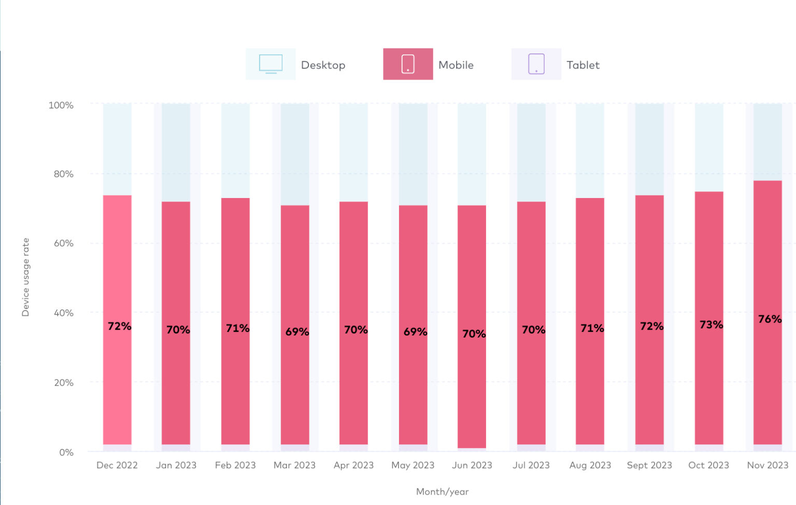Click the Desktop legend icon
click(x=271, y=64)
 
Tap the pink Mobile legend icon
click(x=408, y=64)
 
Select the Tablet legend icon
click(x=536, y=64)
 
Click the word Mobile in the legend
click(x=456, y=65)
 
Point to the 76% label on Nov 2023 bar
click(x=770, y=319)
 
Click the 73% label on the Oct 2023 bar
click(x=711, y=325)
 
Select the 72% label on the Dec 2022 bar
click(x=119, y=326)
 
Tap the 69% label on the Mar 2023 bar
click(x=297, y=332)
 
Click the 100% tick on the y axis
click(x=61, y=105)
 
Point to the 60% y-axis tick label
click(x=63, y=243)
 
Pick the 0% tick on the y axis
click(x=66, y=452)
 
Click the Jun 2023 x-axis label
click(x=472, y=465)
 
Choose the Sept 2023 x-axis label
click(x=649, y=465)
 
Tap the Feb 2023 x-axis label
click(x=235, y=465)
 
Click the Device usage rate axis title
click(x=25, y=277)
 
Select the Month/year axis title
click(x=442, y=492)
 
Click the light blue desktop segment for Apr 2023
click(x=353, y=152)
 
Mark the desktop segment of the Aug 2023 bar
click(x=590, y=150)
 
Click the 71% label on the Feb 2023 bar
click(x=237, y=328)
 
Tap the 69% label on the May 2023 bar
click(x=415, y=332)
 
